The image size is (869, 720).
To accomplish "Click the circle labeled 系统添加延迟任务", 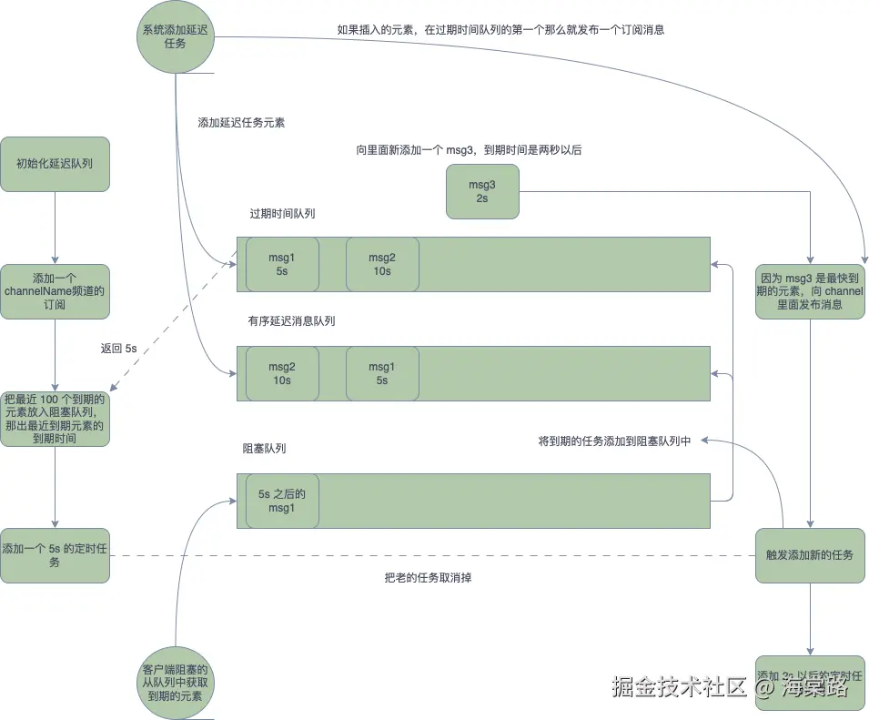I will coord(176,36).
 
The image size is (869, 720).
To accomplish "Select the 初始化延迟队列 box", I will coord(55,164).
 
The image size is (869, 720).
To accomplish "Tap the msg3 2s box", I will coord(481,191).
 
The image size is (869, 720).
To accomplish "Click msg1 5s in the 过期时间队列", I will coord(281,264).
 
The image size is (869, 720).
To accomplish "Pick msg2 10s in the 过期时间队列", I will coord(381,264).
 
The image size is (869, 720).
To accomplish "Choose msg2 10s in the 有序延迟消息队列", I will coord(281,373).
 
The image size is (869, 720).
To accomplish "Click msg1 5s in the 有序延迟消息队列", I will coord(381,373).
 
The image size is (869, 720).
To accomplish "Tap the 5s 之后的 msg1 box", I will coord(281,501).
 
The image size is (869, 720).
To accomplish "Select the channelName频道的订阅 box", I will coord(55,291).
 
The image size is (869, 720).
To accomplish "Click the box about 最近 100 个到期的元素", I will coord(55,419).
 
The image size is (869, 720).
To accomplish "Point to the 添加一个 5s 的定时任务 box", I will coord(55,555).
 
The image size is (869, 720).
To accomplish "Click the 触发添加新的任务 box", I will coord(809,554).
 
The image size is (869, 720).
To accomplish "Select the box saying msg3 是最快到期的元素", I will coord(809,290).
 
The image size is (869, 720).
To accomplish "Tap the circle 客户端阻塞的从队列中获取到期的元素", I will coord(178,682).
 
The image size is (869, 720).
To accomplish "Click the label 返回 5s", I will coord(118,349).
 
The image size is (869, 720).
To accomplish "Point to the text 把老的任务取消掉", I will coord(427,577).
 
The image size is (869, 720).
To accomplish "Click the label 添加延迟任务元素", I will coord(241,122).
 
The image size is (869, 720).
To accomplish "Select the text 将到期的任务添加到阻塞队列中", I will coord(614,441).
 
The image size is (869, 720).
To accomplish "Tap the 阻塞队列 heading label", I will coord(264,449).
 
